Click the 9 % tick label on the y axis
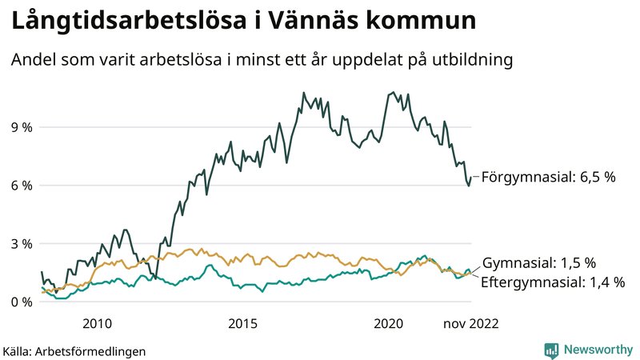coord(21,127)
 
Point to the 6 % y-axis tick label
coord(21,186)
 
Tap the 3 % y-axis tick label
coord(21,244)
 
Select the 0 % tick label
coord(21,302)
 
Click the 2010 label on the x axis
coord(97,323)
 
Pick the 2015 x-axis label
coord(242,323)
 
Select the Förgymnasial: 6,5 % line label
coord(548,177)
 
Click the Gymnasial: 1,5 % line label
coord(541,263)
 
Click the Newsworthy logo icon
coord(551,350)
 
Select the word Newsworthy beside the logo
coord(597,350)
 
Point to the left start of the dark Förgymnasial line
coord(42,272)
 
